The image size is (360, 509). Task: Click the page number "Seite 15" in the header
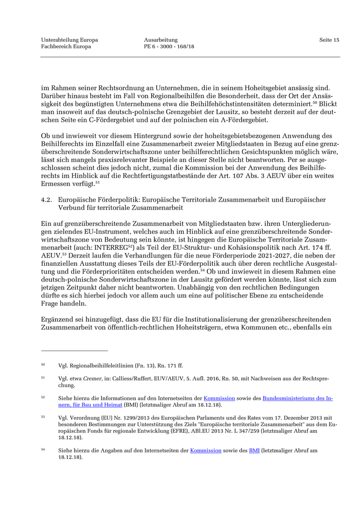pyautogui.click(x=329, y=40)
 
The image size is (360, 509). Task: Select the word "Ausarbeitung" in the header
pyautogui.click(x=160, y=40)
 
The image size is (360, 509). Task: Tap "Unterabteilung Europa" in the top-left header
pyautogui.click(x=69, y=40)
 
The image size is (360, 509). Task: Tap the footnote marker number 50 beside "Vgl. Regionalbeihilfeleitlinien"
pyautogui.click(x=43, y=365)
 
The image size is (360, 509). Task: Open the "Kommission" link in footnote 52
pyautogui.click(x=219, y=398)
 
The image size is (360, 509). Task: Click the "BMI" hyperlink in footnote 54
pyautogui.click(x=254, y=450)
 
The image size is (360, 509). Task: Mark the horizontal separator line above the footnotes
pyautogui.click(x=75, y=351)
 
